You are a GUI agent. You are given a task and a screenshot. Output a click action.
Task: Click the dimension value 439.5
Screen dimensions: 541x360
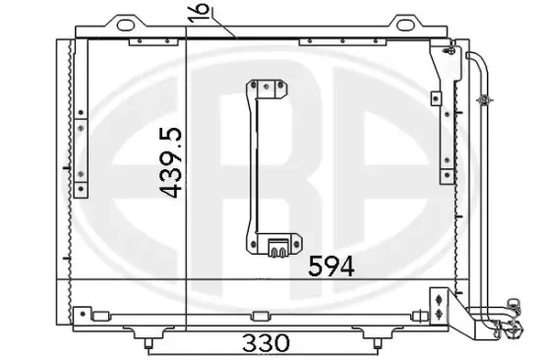170,162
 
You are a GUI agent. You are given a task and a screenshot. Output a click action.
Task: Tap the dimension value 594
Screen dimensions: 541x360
331,267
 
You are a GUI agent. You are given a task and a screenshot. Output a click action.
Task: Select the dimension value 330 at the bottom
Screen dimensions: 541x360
266,342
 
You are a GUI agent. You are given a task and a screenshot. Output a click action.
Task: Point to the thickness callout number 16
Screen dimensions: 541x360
199,13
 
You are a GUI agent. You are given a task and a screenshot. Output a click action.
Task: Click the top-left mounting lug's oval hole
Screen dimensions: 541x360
126,25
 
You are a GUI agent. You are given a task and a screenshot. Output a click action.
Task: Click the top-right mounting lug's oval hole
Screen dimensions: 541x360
404,25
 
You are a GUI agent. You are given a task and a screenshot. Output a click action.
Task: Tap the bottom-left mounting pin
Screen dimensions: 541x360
149,343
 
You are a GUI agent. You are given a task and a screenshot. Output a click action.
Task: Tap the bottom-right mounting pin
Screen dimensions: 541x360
377,343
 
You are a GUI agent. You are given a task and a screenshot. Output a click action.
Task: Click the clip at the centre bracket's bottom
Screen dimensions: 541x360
278,248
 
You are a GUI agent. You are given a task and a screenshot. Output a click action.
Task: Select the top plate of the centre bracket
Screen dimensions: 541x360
267,90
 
